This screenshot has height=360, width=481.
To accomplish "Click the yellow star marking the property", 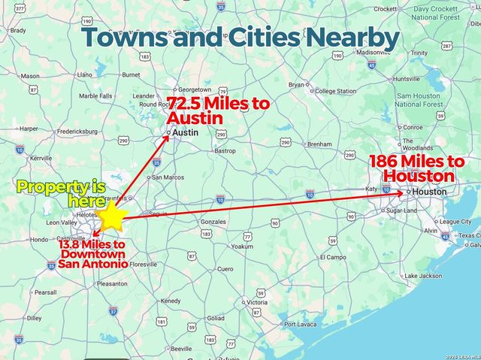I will (112, 216).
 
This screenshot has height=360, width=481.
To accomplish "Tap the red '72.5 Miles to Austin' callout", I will (217, 110).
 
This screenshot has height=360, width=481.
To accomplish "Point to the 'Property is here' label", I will (61, 194).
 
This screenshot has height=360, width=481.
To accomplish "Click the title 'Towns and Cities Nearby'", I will (240, 37).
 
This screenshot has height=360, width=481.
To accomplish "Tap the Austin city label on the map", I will (185, 132).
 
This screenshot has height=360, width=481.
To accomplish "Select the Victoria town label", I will (256, 302).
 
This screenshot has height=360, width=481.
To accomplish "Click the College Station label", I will (335, 92).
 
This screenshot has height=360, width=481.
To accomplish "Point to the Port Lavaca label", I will (301, 324).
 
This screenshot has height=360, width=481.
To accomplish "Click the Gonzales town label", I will (213, 222).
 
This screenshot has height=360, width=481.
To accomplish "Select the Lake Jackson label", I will (423, 276).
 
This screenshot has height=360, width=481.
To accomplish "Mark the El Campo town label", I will (331, 257).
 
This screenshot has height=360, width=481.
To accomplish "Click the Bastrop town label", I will (225, 151).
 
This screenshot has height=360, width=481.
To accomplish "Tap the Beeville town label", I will (181, 349).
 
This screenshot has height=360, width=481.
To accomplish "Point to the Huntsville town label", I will (407, 78).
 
